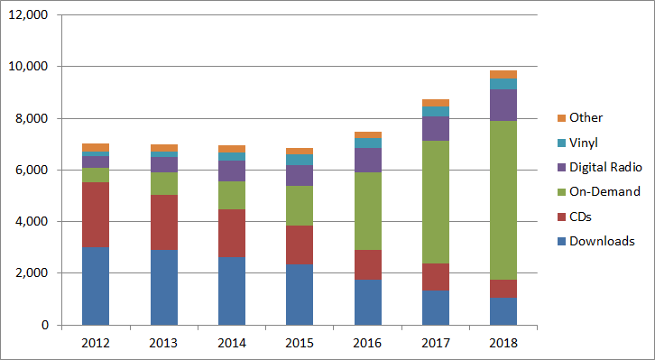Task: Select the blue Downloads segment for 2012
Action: [96, 285]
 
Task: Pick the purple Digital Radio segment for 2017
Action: [435, 128]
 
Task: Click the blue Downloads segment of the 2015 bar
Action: [300, 294]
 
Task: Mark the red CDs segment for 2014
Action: [231, 233]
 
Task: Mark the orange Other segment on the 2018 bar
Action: [503, 75]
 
